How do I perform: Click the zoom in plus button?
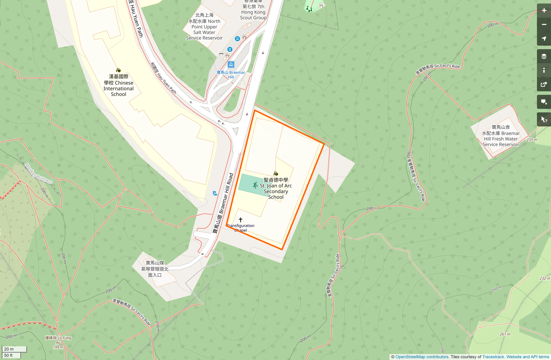[544, 11]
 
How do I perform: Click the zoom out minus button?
[544, 25]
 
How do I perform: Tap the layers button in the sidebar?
[544, 56]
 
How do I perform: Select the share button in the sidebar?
[544, 85]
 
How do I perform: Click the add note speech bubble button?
[544, 102]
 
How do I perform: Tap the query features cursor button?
[544, 119]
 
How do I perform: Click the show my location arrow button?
[544, 39]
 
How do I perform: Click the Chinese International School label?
[118, 85]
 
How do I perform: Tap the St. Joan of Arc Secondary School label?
[276, 188]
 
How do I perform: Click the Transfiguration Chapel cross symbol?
[240, 220]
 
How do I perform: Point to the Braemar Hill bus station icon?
[231, 64]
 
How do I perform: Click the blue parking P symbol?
[215, 193]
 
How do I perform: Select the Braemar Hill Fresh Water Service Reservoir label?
[501, 136]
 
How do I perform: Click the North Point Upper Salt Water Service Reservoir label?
[204, 27]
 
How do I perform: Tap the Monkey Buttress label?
[38, 173]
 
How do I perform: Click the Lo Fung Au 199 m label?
[58, 342]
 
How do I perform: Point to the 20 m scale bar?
[14, 349]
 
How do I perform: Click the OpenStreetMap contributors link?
[422, 357]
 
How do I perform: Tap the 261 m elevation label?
[505, 334]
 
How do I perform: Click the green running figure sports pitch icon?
[255, 185]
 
